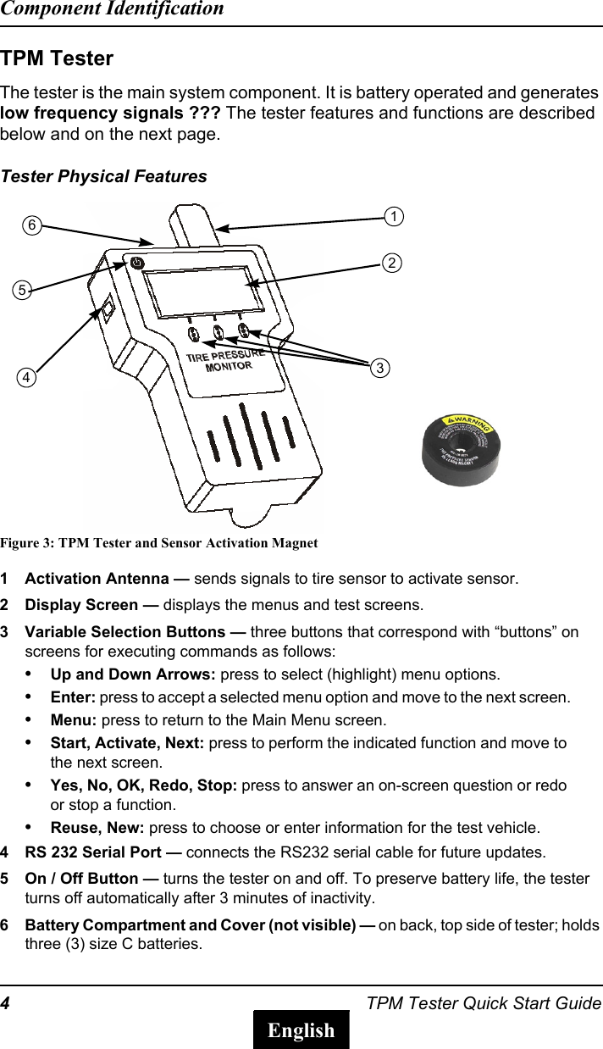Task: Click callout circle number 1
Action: (x=394, y=217)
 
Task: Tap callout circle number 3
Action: (x=381, y=368)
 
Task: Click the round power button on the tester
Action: (x=136, y=262)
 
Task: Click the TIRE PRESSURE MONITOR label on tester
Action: (x=224, y=360)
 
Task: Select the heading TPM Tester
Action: (x=57, y=59)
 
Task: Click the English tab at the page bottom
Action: (x=301, y=1030)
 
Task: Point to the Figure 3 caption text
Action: (x=159, y=542)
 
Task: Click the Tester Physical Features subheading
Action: (x=103, y=176)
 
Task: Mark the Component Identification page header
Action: (x=112, y=9)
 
